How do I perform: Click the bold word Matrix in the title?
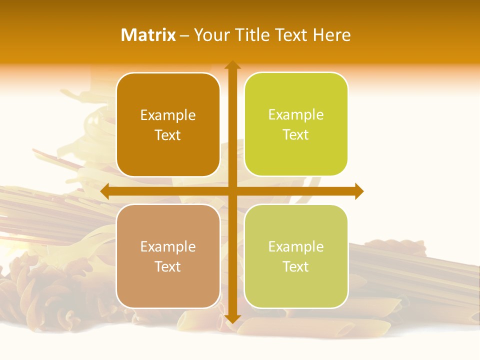(148, 35)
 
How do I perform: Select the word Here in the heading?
(332, 35)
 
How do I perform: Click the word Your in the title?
(210, 35)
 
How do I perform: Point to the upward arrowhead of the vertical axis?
(232, 65)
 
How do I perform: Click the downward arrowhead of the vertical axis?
(232, 318)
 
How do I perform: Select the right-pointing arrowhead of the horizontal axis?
(359, 191)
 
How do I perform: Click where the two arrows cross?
(232, 191)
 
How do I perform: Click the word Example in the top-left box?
(168, 115)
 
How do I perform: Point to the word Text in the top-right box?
(296, 135)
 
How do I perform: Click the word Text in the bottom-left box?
(168, 266)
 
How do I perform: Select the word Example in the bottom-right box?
(296, 246)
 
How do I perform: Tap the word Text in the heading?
(291, 35)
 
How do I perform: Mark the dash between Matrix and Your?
(184, 36)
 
